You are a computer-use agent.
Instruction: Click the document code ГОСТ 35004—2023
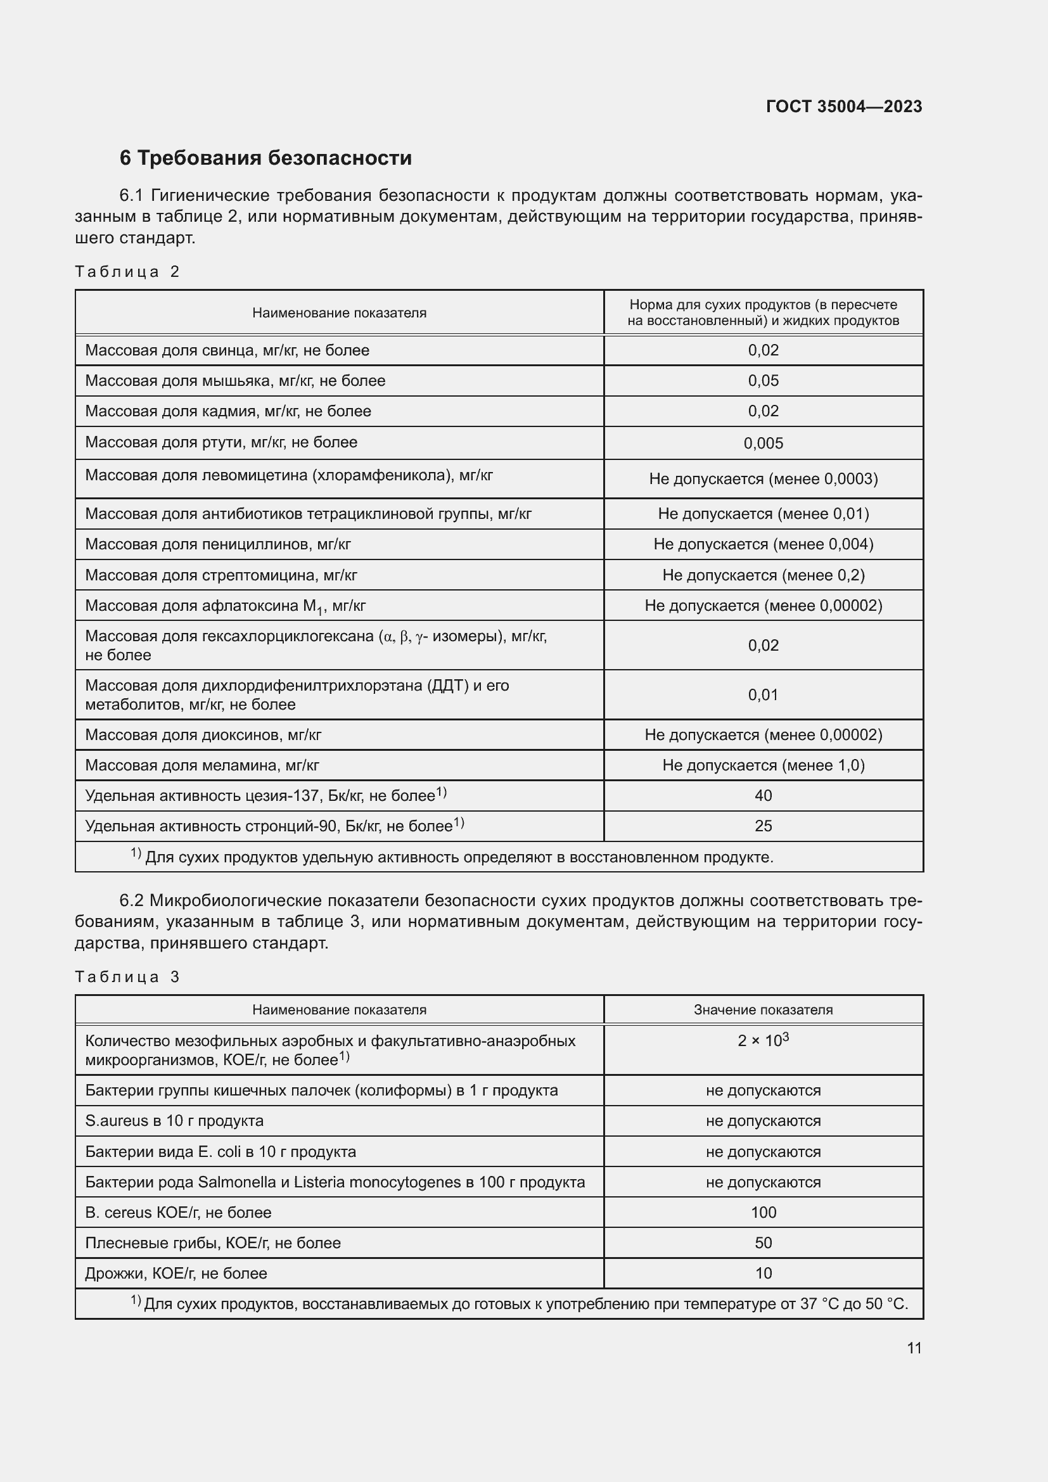click(843, 106)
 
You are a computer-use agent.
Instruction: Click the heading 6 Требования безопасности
click(265, 158)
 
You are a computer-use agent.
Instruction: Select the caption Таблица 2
click(127, 272)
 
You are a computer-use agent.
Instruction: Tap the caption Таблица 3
click(127, 976)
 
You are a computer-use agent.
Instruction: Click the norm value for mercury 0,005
click(763, 444)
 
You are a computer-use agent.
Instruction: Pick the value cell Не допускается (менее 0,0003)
click(763, 479)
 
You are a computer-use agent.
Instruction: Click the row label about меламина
click(202, 765)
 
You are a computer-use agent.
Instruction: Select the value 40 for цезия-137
click(763, 796)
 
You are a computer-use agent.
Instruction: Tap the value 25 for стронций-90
click(763, 826)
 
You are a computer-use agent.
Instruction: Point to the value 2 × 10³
click(763, 1040)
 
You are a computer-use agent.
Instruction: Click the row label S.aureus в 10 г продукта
click(174, 1121)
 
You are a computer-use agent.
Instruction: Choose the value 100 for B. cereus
click(763, 1212)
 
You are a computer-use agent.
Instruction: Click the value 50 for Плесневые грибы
click(763, 1242)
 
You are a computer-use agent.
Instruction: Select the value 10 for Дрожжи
click(763, 1273)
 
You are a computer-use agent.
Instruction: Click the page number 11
click(914, 1348)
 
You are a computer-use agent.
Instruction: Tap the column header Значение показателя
click(763, 1009)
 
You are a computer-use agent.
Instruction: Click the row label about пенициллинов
click(217, 544)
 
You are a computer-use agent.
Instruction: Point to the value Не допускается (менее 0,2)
click(763, 575)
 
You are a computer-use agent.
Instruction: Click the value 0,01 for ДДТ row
click(763, 695)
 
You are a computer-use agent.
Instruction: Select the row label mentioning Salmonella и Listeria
click(335, 1182)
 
